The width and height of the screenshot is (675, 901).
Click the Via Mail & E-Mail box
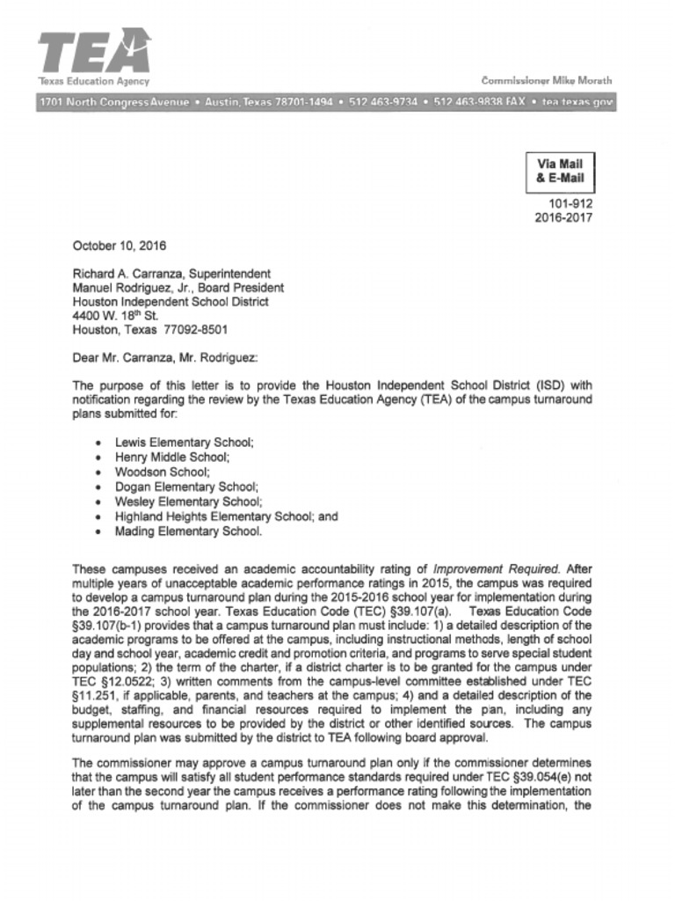click(560, 172)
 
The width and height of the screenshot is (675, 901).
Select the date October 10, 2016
click(119, 246)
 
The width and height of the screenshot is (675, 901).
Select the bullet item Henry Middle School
click(171, 458)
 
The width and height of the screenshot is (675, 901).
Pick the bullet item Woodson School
click(162, 472)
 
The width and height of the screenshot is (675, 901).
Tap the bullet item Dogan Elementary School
click(186, 487)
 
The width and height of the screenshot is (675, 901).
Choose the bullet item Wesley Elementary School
click(187, 502)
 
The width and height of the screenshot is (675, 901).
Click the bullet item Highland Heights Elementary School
click(226, 516)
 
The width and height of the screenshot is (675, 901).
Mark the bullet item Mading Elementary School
click(187, 531)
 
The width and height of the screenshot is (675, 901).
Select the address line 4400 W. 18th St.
click(112, 316)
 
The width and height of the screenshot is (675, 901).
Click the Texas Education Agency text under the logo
click(94, 81)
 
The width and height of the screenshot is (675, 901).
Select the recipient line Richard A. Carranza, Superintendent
click(171, 274)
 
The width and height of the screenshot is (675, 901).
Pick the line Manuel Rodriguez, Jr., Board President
click(178, 288)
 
